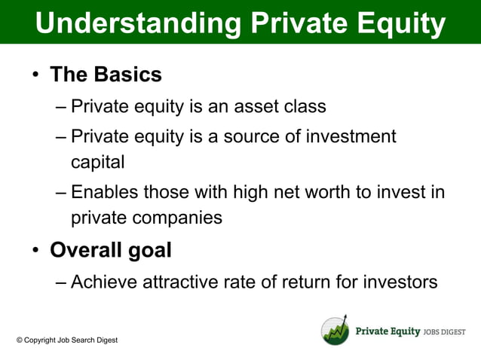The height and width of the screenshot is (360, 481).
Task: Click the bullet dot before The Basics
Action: (35, 75)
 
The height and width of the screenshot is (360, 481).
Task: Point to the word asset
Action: (253, 106)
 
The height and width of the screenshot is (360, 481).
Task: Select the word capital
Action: (97, 162)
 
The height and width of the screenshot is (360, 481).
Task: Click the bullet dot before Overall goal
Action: (35, 251)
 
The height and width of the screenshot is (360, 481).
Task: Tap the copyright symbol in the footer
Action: (20, 340)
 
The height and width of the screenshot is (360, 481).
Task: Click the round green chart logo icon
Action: (335, 331)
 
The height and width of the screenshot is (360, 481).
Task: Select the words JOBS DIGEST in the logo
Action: (444, 332)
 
